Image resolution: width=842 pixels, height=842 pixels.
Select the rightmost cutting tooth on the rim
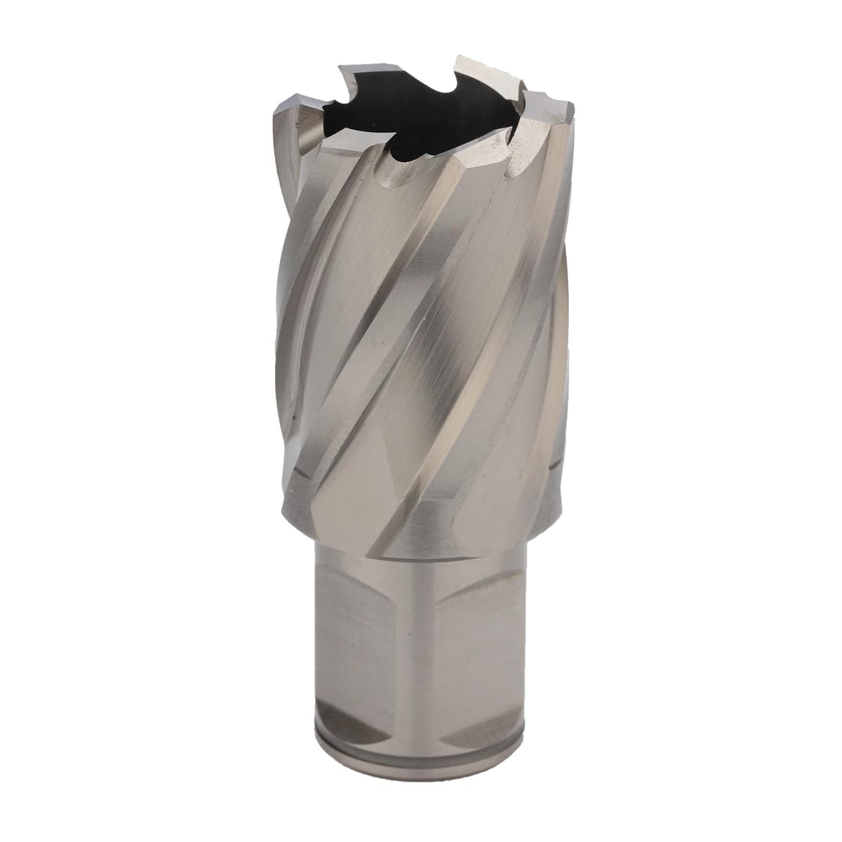[554, 105]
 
